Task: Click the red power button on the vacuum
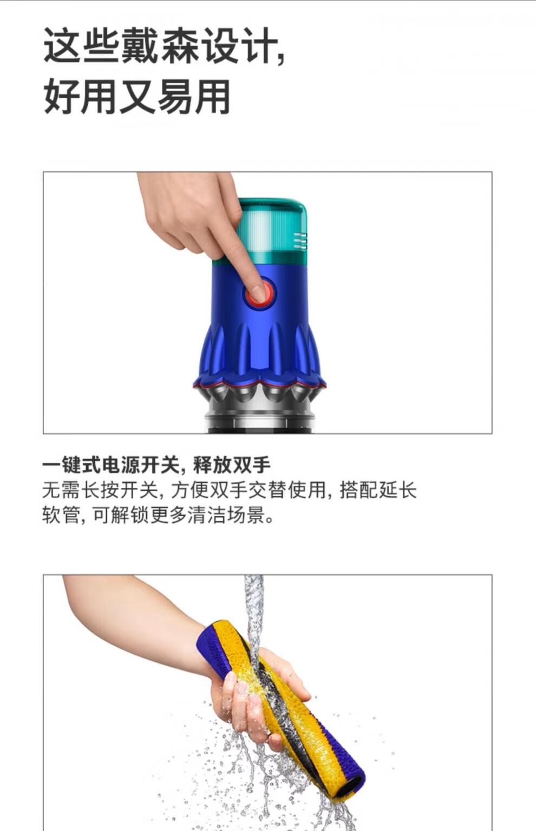pyautogui.click(x=260, y=294)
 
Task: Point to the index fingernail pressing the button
pyautogui.click(x=258, y=293)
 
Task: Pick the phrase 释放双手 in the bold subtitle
pyautogui.click(x=232, y=465)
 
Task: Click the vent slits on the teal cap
pyautogui.click(x=300, y=240)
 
